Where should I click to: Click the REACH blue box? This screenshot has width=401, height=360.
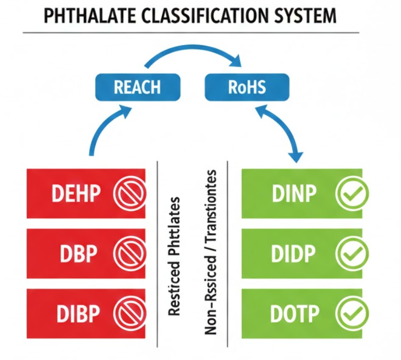[x=137, y=87]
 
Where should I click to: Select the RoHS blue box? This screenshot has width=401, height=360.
[x=247, y=87]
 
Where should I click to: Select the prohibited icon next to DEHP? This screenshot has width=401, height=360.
[x=126, y=194]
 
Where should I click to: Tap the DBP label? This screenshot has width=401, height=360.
[x=78, y=253]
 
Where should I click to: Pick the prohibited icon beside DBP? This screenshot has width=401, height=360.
[x=126, y=253]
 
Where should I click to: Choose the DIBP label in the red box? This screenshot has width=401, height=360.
[x=78, y=314]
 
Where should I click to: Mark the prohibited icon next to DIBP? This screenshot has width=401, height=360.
[x=126, y=314]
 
